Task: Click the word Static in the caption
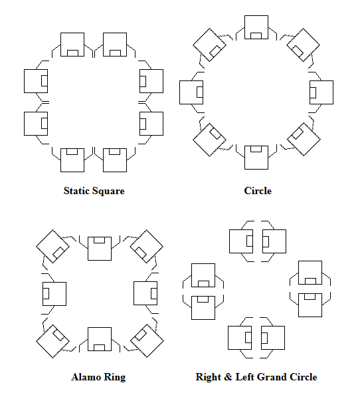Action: pyautogui.click(x=78, y=191)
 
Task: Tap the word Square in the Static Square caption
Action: pyautogui.click(x=109, y=191)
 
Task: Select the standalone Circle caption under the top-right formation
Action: pyautogui.click(x=258, y=191)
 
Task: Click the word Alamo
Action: pyautogui.click(x=84, y=377)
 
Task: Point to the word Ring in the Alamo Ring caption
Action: pyautogui.click(x=114, y=377)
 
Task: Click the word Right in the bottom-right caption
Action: pyautogui.click(x=209, y=377)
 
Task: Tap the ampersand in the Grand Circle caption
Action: pyautogui.click(x=228, y=377)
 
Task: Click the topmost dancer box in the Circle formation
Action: pyautogui.click(x=256, y=27)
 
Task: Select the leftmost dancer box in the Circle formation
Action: pyautogui.click(x=191, y=92)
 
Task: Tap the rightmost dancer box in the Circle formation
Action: pyautogui.click(x=321, y=92)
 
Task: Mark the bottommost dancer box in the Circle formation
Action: pyautogui.click(x=256, y=158)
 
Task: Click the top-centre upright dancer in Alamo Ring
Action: pyautogui.click(x=100, y=247)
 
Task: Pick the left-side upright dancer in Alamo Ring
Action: pyautogui.click(x=54, y=293)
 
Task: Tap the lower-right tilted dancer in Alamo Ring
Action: pyautogui.click(x=147, y=340)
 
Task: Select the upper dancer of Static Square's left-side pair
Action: pyautogui.click(x=36, y=80)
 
